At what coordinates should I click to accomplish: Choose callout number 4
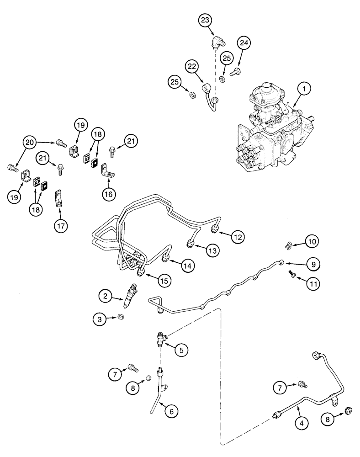[301, 424]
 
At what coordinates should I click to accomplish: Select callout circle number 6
[171, 411]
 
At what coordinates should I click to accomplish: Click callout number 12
[237, 237]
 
